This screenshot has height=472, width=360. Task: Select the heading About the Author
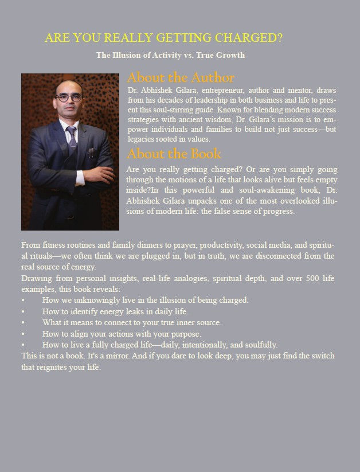coord(181,77)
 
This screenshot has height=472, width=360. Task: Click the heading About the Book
coord(174,154)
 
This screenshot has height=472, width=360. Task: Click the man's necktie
coord(71,138)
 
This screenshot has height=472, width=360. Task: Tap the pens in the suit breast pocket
coord(91,152)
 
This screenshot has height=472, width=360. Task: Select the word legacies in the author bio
coord(141,139)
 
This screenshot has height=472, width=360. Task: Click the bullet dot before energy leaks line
coord(24,311)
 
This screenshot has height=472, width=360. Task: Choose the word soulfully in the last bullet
coord(259,345)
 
